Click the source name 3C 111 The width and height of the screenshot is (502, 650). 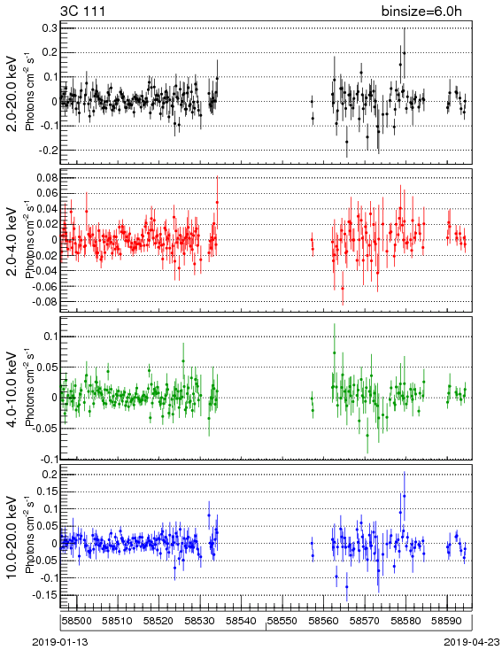[x=82, y=12]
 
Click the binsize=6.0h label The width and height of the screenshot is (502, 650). [x=421, y=12]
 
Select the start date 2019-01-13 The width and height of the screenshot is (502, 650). [x=60, y=642]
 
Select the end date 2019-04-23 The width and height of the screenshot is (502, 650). [x=472, y=642]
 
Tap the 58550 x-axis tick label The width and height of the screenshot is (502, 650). [x=282, y=621]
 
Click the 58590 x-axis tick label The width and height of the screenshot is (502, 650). [x=447, y=621]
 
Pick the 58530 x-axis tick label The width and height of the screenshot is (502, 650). [x=200, y=621]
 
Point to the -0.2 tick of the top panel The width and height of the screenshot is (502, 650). [x=47, y=150]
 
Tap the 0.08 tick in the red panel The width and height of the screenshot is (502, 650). [x=46, y=178]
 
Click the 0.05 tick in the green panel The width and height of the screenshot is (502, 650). [x=46, y=367]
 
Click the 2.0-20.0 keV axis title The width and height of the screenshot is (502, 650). [x=12, y=93]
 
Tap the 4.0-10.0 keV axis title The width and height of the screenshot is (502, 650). [x=12, y=390]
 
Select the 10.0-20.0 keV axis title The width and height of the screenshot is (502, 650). [x=12, y=537]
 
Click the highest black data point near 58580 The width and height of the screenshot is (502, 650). [x=405, y=52]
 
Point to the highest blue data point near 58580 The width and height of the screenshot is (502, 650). [x=405, y=496]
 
